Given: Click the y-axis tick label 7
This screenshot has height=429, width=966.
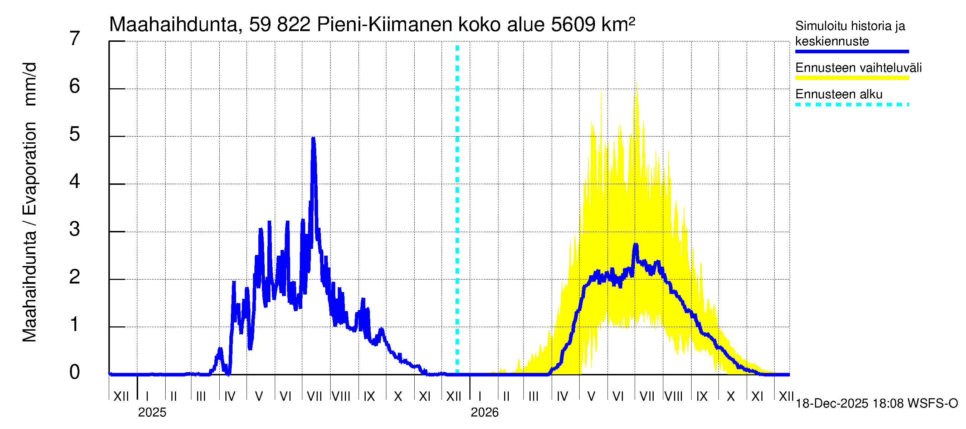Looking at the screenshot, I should coord(75,39).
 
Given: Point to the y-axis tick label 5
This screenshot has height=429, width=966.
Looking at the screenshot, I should coord(75,134).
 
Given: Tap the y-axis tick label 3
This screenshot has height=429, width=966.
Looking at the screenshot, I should coord(75,229).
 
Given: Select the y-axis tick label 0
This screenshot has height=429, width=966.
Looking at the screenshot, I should coord(75,372).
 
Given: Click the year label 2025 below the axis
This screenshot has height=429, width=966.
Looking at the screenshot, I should coord(152,413).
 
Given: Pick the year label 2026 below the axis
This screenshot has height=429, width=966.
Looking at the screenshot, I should coord(484,413).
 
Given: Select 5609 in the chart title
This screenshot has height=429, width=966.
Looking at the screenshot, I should coord(573,25).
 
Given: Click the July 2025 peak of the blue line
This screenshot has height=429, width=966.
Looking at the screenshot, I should coord(313,139).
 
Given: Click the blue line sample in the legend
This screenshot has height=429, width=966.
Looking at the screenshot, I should coord(852,51).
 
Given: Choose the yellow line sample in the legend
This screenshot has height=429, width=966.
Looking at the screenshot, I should coord(852,78).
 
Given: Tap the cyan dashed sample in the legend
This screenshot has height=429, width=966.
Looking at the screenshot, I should coord(852,104).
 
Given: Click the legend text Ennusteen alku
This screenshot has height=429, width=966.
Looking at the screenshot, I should coord(839,94).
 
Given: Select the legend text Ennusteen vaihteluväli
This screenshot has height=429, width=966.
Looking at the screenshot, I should coord(858,68).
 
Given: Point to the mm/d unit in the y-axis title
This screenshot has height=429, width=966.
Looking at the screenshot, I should coord(30,84).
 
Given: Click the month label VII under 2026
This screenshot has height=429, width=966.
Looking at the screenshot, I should coord(647,396).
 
